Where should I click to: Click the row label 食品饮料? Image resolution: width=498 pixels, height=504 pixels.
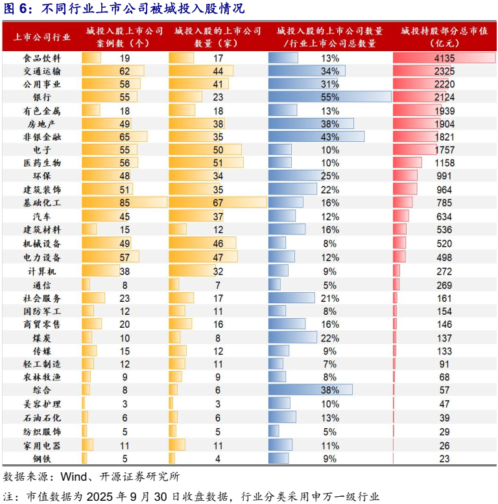(x=42, y=58)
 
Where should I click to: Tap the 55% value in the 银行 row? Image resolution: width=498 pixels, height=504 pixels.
(x=329, y=97)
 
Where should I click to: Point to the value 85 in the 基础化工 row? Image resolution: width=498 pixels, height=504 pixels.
(x=124, y=203)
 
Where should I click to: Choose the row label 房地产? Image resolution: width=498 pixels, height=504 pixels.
(x=42, y=124)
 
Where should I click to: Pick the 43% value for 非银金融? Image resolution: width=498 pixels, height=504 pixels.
(x=329, y=137)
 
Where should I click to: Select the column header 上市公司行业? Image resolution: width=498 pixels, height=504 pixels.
(x=42, y=37)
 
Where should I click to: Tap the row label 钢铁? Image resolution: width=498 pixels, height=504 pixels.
(x=42, y=457)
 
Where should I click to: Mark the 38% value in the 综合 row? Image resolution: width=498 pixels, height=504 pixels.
(x=329, y=391)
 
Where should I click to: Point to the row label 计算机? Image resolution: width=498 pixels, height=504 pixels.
(x=42, y=271)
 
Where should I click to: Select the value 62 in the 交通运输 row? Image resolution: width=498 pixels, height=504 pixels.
(x=124, y=71)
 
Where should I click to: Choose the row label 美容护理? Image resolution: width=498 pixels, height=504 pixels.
(x=42, y=404)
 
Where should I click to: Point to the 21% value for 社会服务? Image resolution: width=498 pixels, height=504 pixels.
(x=329, y=298)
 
